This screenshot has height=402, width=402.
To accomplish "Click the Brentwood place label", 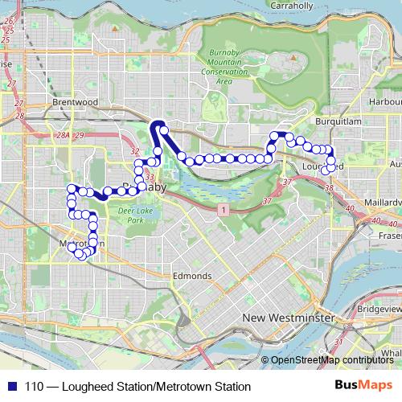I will (74, 102).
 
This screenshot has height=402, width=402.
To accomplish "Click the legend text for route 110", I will (137, 387).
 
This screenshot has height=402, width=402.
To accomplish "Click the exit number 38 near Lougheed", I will (331, 188).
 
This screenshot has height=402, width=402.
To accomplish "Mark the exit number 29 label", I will (78, 136).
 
